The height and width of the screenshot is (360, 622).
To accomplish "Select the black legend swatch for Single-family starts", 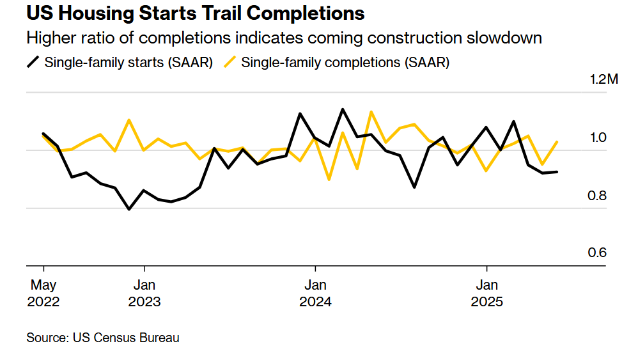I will tap(33, 62).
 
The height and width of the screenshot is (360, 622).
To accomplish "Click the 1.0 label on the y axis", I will tap(597, 137).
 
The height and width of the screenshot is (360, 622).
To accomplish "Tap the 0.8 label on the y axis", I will tap(597, 195).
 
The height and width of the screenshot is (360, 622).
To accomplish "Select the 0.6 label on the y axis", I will tap(597, 253).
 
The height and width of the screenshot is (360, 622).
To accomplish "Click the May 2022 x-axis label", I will tap(43, 293).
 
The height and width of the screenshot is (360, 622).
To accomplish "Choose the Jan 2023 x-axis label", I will tap(144, 293).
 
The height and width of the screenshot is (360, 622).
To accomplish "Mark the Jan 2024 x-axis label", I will tap(315, 293).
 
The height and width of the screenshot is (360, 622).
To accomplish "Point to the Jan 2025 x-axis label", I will tap(487, 293).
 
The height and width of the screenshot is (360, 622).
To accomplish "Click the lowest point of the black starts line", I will tap(129, 209).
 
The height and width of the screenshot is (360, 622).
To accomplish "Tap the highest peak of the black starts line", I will tap(343, 109).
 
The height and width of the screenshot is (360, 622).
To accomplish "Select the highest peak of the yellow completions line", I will tap(371, 112).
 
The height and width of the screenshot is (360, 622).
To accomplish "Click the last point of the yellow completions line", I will tap(557, 142).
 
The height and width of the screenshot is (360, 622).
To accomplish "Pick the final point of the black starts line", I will tap(557, 171).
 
